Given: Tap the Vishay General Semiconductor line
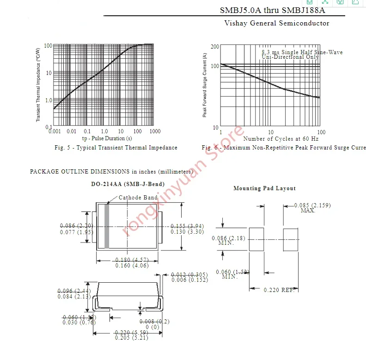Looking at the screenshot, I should [277, 23].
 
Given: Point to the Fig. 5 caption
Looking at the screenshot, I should [116, 148].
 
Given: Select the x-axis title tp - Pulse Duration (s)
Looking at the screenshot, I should [107, 138].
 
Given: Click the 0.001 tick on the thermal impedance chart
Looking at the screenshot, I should [55, 131].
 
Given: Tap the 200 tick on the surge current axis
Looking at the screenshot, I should [214, 47].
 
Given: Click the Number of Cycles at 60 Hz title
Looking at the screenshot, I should [281, 139].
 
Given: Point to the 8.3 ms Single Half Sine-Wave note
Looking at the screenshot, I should [302, 52].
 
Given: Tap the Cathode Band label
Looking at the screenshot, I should [138, 198].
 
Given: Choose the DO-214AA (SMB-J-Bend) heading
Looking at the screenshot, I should [128, 184].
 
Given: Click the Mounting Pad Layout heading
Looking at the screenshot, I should [264, 188].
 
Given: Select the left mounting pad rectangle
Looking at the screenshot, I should [256, 239].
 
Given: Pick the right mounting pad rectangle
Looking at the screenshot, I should [290, 239].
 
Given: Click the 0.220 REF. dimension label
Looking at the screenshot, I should [279, 290].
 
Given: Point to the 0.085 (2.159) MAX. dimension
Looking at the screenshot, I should [312, 208].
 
